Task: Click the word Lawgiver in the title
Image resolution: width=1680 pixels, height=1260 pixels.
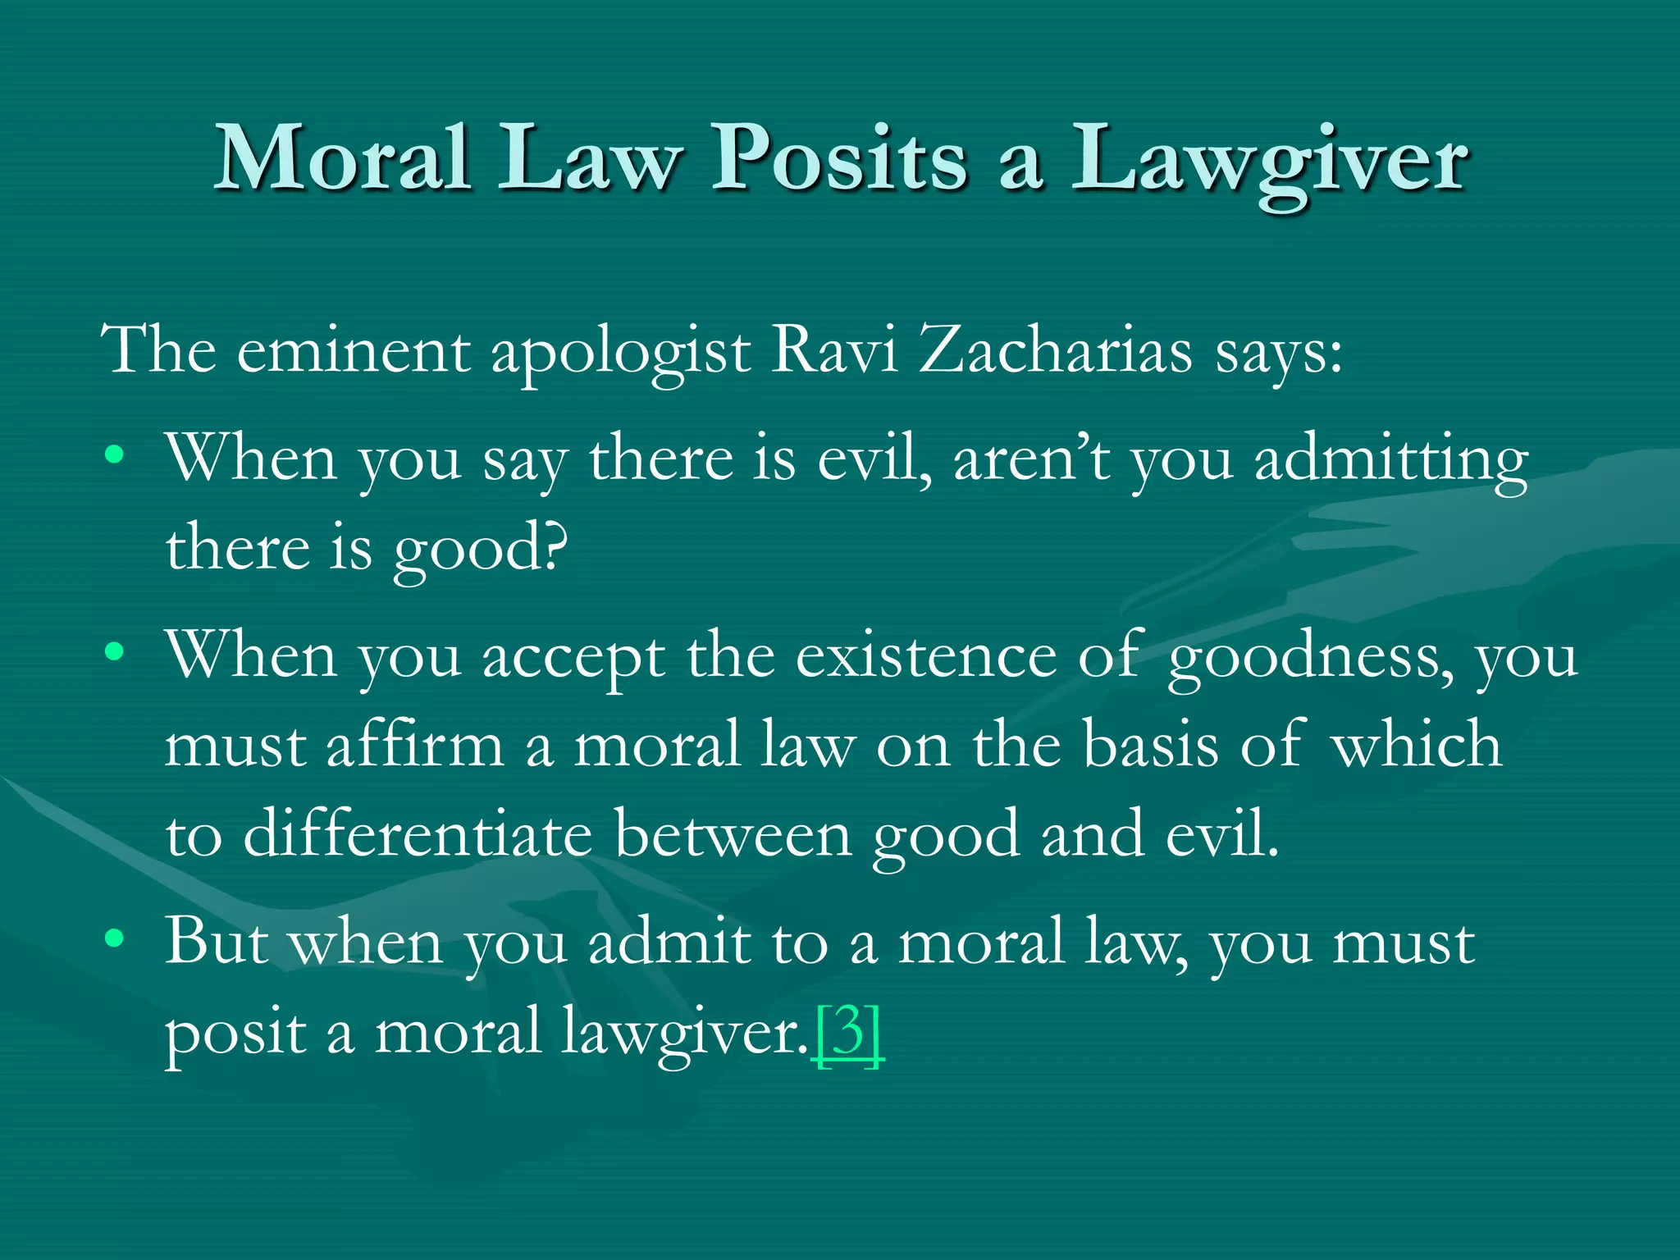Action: click(1269, 160)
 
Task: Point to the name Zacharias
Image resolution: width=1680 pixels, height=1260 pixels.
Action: click(1056, 350)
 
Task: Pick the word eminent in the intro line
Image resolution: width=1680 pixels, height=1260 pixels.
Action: click(354, 350)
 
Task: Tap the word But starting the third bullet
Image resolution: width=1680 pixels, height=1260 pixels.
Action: click(217, 941)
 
